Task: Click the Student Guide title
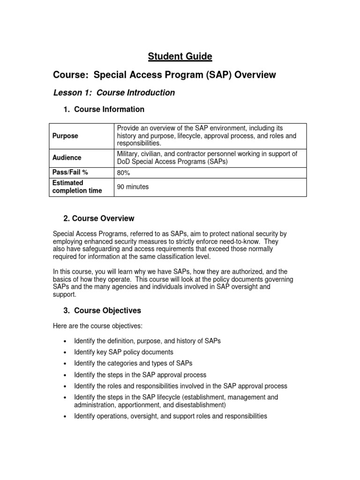pyautogui.click(x=180, y=57)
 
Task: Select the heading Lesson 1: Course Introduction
pyautogui.click(x=114, y=92)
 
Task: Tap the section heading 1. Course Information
pyautogui.click(x=104, y=109)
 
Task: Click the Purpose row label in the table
pyautogui.click(x=65, y=135)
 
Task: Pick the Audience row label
pyautogui.click(x=67, y=157)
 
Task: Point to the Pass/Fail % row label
pyautogui.click(x=70, y=172)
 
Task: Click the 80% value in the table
pyautogui.click(x=123, y=172)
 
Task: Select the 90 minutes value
pyautogui.click(x=133, y=187)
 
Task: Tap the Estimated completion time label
pyautogui.click(x=77, y=187)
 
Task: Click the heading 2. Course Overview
pyautogui.click(x=98, y=218)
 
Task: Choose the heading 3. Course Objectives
pyautogui.click(x=102, y=310)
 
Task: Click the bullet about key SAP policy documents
pyautogui.click(x=123, y=352)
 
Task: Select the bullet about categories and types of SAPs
pyautogui.click(x=133, y=363)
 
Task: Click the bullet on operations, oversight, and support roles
pyautogui.click(x=170, y=416)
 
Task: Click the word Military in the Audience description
pyautogui.click(x=128, y=154)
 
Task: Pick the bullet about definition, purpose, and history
pyautogui.click(x=147, y=341)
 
